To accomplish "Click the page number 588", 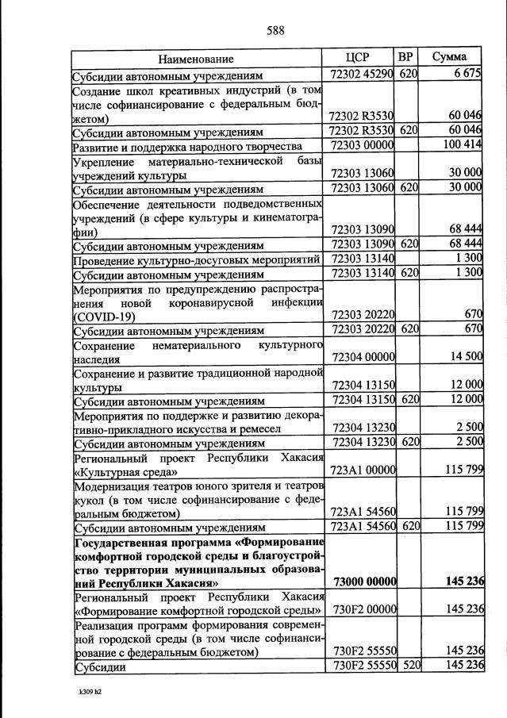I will click(275, 31).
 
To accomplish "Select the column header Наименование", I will click(196, 58).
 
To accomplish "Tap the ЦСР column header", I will click(359, 57).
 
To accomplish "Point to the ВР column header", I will click(406, 57).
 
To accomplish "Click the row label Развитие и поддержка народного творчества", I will click(187, 147).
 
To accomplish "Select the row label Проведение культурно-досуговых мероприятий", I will click(196, 259).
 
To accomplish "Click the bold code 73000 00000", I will click(361, 582).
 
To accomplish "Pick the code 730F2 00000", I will click(361, 609).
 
